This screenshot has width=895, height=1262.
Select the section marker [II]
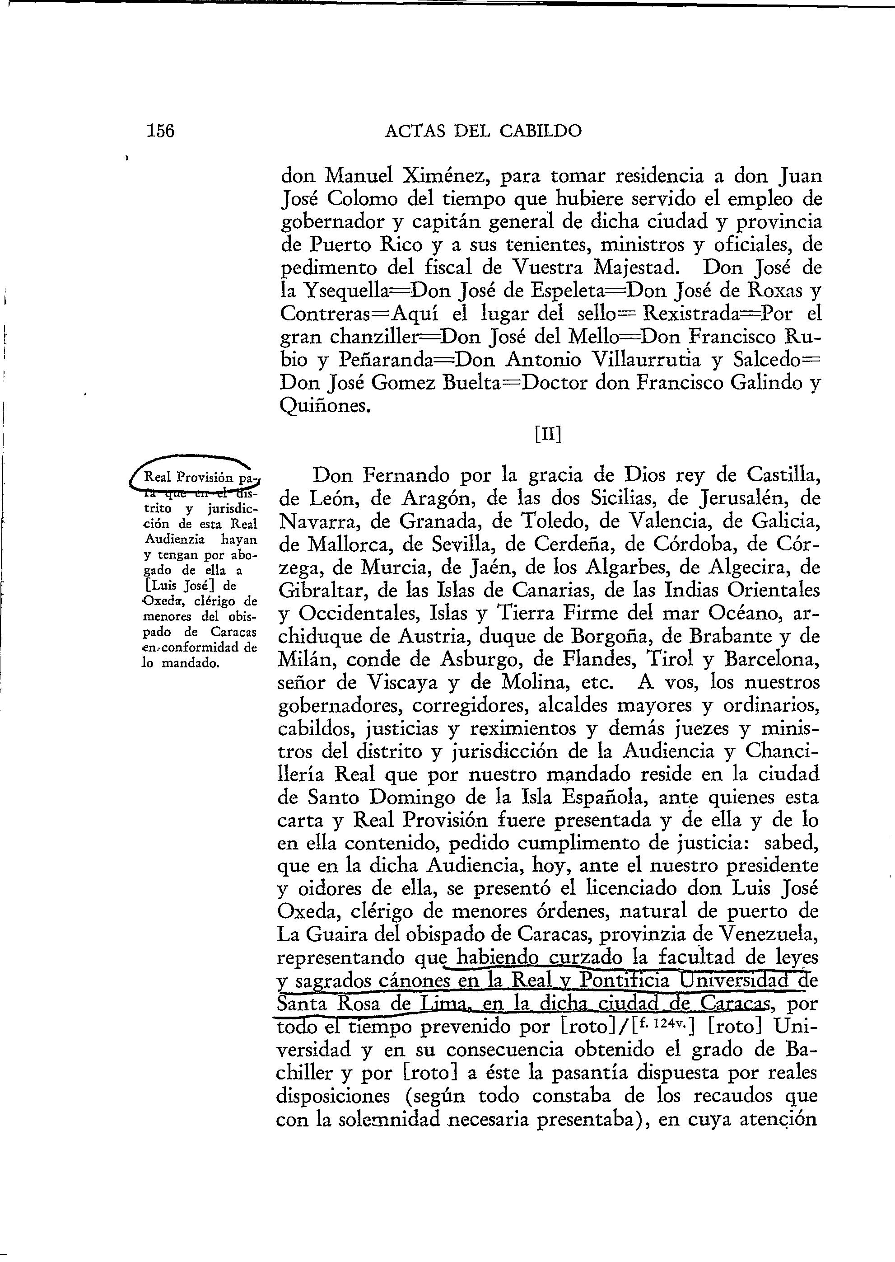pyautogui.click(x=548, y=435)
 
